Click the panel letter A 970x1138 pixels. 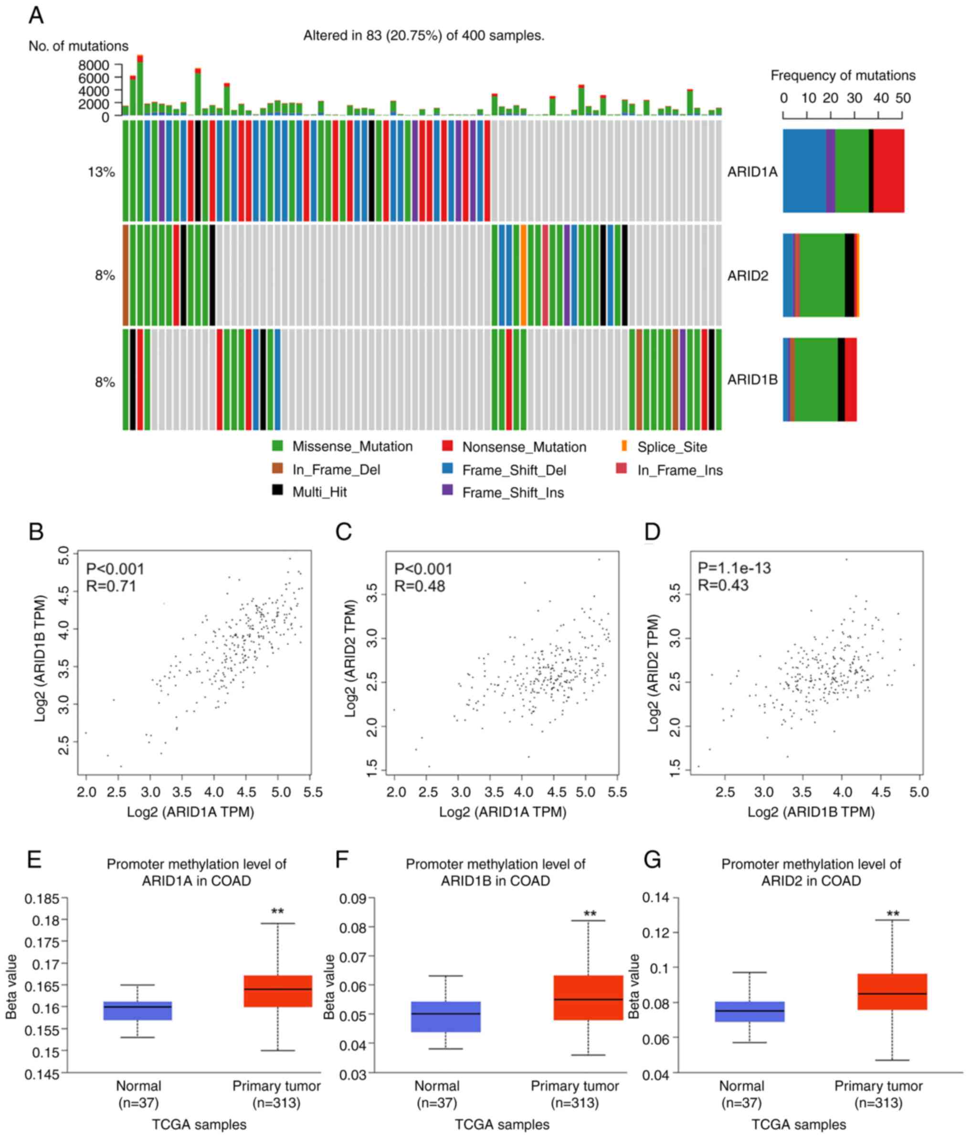36,15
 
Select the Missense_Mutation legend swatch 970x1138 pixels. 277,446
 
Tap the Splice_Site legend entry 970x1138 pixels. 671,447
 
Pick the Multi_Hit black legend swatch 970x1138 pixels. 277,490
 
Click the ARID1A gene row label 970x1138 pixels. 752,172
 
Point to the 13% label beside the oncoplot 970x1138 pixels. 101,172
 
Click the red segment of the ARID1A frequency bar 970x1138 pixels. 888,171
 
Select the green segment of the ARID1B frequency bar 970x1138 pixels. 815,380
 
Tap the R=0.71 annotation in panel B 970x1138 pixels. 111,586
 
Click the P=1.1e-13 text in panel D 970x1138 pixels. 734,568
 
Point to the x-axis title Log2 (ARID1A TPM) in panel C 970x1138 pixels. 502,812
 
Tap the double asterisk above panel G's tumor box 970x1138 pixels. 893,915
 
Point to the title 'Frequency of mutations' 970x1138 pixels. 843,75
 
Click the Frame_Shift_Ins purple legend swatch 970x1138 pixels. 447,490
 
